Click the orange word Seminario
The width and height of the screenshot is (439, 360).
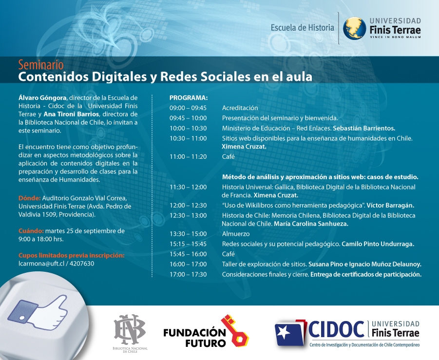[x=41, y=65]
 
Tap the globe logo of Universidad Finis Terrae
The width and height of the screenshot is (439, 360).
[x=354, y=28]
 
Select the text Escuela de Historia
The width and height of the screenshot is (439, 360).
[x=303, y=28]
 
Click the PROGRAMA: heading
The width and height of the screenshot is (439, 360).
[x=189, y=98]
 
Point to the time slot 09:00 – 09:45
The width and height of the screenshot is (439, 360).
[x=188, y=108]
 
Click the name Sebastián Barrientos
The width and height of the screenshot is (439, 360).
[x=364, y=128]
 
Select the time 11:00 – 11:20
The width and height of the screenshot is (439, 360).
[x=188, y=156]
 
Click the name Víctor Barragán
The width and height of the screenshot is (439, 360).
[x=390, y=205]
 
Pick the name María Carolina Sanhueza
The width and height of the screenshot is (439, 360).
[x=311, y=224]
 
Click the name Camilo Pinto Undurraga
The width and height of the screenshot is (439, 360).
[x=378, y=244]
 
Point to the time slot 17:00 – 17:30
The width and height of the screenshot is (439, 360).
[x=188, y=274]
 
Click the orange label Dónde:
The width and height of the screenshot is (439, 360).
[x=30, y=198]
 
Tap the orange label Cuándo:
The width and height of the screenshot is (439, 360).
[x=31, y=231]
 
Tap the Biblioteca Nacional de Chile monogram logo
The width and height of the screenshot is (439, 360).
[x=130, y=329]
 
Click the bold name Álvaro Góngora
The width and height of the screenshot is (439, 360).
[x=42, y=98]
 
